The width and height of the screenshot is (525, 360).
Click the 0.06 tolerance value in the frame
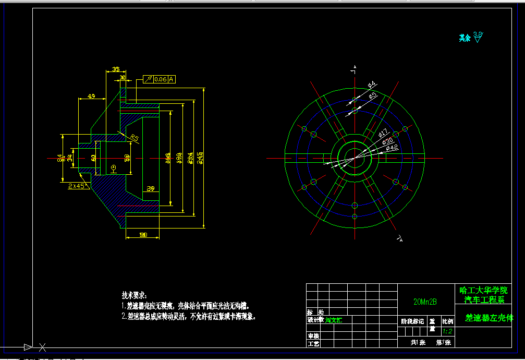(x=160, y=79)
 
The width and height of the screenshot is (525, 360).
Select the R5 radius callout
(x=134, y=138)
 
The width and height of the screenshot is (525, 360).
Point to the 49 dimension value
(x=91, y=97)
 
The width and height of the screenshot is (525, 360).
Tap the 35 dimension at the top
(x=115, y=69)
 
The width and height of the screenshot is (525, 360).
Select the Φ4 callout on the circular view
(x=372, y=85)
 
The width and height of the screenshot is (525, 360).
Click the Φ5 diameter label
(x=373, y=95)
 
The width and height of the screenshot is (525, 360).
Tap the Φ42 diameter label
(x=392, y=148)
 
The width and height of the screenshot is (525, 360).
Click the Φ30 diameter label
(x=387, y=141)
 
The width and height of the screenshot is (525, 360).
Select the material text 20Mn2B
(x=425, y=302)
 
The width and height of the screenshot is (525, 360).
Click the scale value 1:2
(x=447, y=331)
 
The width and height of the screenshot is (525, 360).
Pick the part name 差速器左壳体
(x=489, y=317)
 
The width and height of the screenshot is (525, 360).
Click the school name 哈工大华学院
(x=483, y=291)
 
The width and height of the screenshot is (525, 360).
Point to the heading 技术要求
(x=135, y=295)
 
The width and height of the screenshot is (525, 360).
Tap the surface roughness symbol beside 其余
(x=478, y=37)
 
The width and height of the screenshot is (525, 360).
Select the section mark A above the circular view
(x=355, y=67)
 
